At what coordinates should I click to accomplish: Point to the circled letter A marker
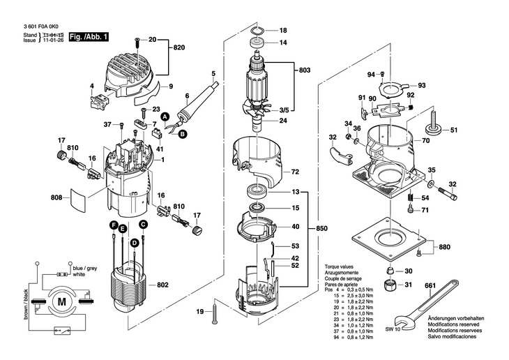(165, 118)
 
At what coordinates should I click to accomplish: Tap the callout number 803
(304, 70)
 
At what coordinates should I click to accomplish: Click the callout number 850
(321, 228)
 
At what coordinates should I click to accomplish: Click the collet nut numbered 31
(391, 284)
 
